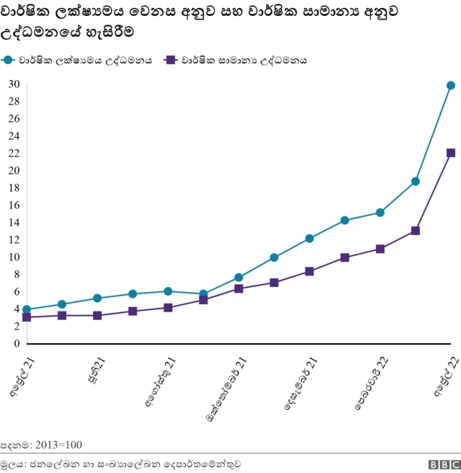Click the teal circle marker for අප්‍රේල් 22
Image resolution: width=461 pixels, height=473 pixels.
pos(451,85)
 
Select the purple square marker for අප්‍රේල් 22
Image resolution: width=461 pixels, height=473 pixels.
pos(451,153)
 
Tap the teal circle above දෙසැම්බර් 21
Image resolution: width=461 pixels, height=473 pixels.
pos(310,238)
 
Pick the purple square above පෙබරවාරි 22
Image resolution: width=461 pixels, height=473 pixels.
pos(380,249)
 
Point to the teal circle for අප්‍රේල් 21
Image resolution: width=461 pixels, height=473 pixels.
pos(27,309)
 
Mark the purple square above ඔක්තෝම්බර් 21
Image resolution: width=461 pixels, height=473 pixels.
pos(239,288)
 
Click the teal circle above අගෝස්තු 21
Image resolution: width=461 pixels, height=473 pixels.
pos(168,291)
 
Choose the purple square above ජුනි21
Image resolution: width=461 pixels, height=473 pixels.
pos(97,316)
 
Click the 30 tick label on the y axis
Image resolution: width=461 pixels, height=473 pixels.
pos(13,84)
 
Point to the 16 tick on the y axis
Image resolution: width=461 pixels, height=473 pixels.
pos(13,205)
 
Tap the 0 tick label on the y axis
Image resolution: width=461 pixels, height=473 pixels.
pos(16,344)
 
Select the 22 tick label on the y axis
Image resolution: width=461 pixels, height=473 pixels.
pos(13,154)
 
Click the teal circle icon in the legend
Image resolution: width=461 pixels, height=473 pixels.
pos(9,61)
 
